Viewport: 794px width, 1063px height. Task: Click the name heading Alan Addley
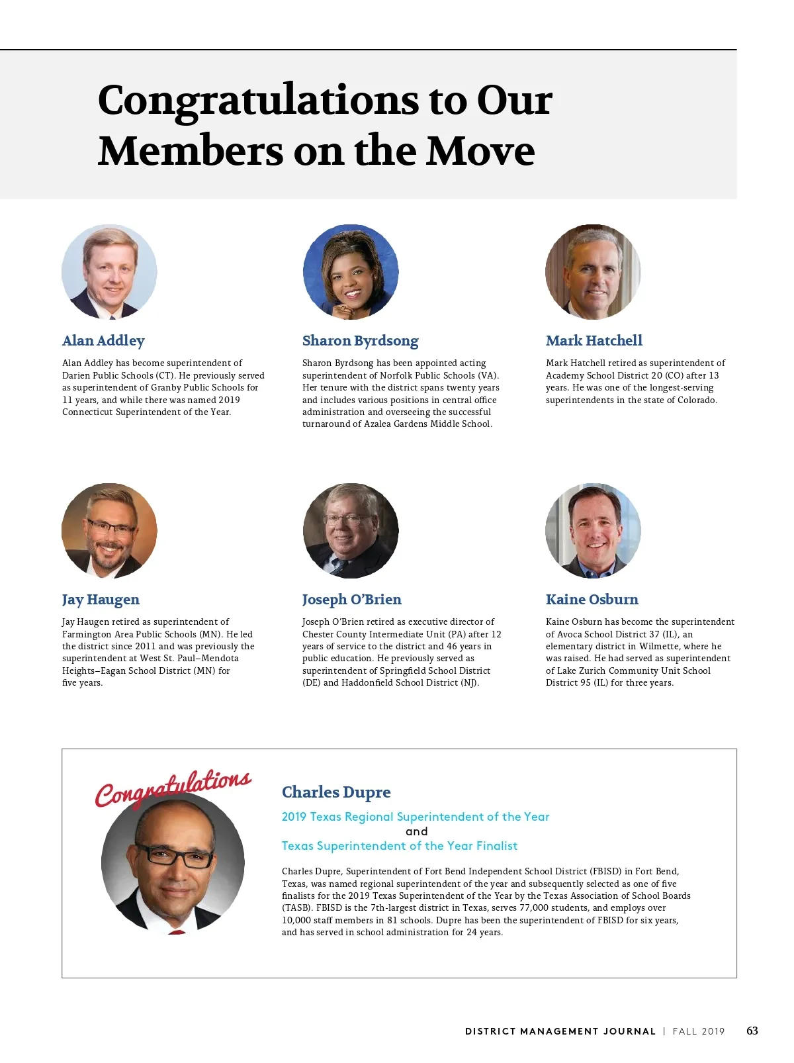point(103,341)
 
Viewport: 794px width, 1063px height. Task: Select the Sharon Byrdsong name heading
point(361,341)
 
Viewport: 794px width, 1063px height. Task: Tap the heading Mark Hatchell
point(594,341)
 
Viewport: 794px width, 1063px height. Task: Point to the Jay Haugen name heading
point(101,600)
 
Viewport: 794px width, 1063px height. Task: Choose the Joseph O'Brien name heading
point(352,600)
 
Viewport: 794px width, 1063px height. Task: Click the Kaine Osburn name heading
point(592,600)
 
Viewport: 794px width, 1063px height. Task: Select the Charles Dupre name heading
point(336,792)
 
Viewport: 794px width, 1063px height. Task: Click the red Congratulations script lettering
point(173,788)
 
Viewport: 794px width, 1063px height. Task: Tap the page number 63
point(752,1031)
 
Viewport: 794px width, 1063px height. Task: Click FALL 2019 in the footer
point(699,1031)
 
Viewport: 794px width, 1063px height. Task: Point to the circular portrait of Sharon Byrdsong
point(351,272)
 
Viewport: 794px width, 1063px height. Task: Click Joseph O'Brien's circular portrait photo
point(351,531)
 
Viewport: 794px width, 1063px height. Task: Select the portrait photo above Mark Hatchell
point(593,272)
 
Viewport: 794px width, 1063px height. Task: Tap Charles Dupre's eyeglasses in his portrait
point(175,856)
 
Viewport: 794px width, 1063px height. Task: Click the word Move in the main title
point(480,151)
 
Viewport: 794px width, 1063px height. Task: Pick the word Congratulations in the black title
point(258,101)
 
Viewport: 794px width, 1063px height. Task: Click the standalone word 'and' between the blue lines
point(417,831)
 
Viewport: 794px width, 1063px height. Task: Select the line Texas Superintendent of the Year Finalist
point(400,846)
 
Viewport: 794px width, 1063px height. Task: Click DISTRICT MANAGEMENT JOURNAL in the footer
point(560,1031)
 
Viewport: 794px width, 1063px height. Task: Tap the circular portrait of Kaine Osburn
point(593,531)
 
